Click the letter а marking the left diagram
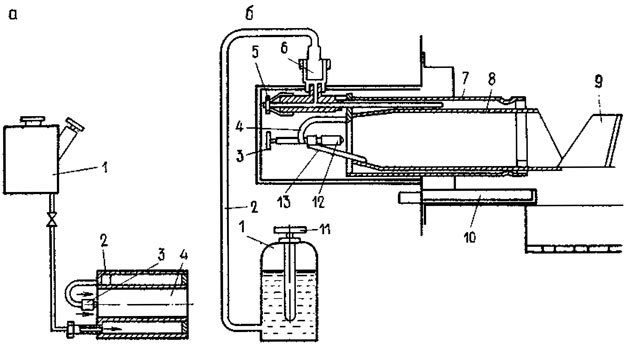[x=13, y=15]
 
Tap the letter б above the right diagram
[x=250, y=14]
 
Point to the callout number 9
[x=598, y=82]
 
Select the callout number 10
[x=469, y=237]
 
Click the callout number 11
[x=325, y=230]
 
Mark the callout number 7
[x=465, y=79]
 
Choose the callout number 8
[x=491, y=79]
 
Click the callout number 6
[x=284, y=48]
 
